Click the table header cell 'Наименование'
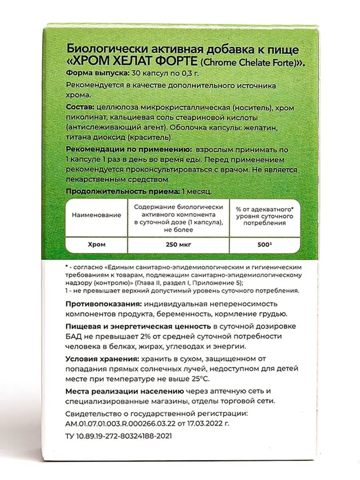[x=96, y=215]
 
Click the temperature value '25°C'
[x=201, y=378]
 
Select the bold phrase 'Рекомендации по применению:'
[x=124, y=150]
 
